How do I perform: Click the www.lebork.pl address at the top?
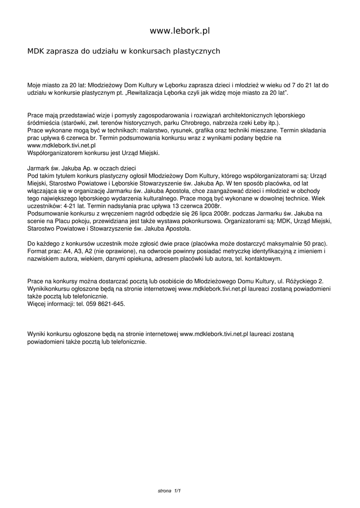point(180,31)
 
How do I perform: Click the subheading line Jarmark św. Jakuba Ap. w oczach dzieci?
point(81,168)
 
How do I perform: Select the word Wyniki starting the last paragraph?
point(37,335)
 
